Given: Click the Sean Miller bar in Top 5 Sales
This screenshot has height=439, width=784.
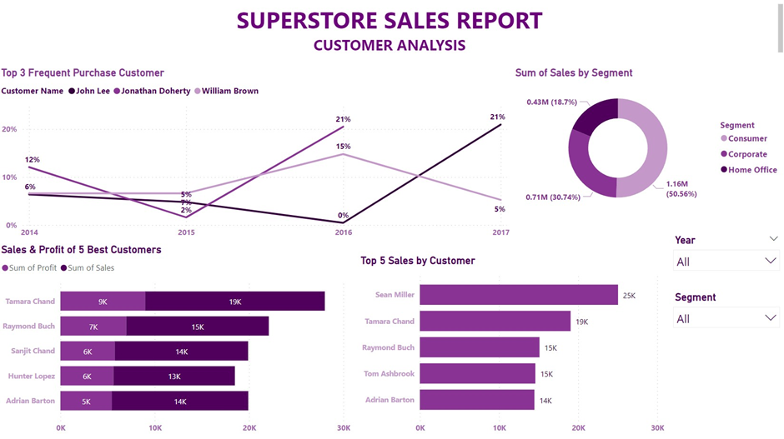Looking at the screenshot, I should tap(518, 295).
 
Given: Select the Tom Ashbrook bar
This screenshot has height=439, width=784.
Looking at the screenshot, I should tap(477, 374).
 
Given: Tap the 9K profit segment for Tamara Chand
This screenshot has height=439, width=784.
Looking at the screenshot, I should tap(103, 302).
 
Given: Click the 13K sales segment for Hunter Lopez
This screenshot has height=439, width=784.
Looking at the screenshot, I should tap(173, 376).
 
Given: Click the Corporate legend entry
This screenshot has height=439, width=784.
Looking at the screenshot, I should tap(747, 154).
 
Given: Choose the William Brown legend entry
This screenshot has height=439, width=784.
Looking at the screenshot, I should tap(229, 91).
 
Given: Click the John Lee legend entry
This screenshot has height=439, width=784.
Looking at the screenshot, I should tap(93, 91).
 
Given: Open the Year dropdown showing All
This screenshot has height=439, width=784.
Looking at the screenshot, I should tap(726, 262).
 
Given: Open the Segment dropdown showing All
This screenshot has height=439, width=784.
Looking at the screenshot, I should tap(726, 318).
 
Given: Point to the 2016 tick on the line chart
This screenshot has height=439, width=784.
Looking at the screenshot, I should tap(343, 232).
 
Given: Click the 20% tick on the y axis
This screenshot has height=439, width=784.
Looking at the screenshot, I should tap(9, 129).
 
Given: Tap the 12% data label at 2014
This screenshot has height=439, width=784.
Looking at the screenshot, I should tap(32, 159).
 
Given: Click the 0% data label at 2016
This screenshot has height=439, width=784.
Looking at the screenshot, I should tap(343, 215).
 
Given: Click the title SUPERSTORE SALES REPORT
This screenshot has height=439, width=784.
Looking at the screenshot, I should tap(389, 21).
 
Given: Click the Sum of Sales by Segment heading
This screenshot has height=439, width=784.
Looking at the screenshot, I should tap(574, 72).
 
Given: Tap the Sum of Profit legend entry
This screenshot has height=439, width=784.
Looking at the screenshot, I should tap(29, 268).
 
